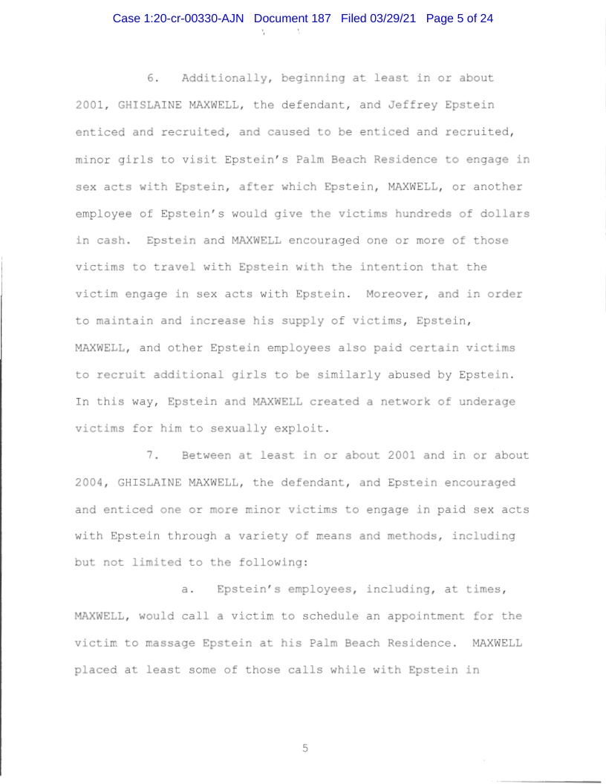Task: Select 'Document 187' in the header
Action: (x=293, y=18)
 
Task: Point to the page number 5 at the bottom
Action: (x=304, y=748)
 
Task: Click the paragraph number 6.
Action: (x=154, y=78)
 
